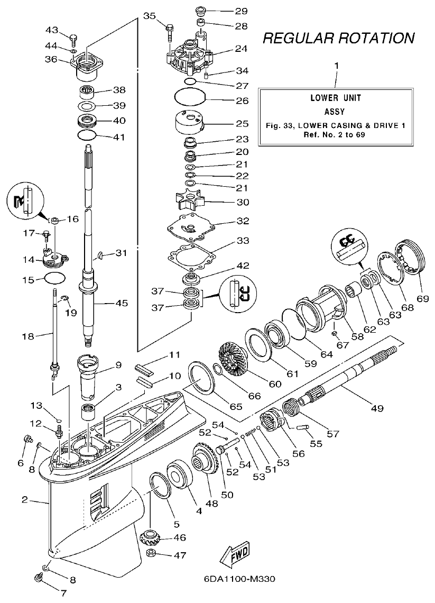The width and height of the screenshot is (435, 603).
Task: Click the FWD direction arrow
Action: [x=237, y=556]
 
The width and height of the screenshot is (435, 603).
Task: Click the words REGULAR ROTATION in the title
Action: [x=338, y=38]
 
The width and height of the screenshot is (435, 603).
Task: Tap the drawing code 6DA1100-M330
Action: [x=239, y=579]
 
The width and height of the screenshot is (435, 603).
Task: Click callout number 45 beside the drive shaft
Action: [x=122, y=303]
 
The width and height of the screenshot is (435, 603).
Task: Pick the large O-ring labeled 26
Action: [x=189, y=98]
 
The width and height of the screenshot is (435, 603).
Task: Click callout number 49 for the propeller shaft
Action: [x=377, y=408]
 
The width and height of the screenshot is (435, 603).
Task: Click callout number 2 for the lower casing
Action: [x=24, y=499]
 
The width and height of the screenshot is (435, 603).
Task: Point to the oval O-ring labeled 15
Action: [x=54, y=278]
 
